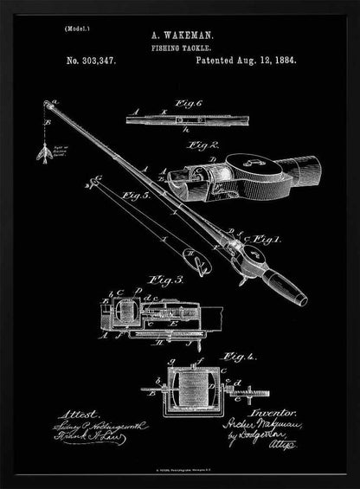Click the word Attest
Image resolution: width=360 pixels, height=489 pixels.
[x=77, y=414]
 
